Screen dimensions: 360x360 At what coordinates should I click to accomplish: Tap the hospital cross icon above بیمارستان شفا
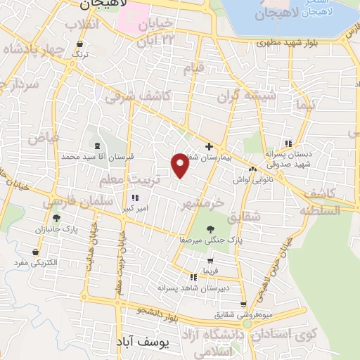[208, 146]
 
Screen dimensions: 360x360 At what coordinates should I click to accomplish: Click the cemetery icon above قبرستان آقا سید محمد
[96, 146]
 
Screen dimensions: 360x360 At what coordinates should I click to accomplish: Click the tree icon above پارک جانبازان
[55, 219]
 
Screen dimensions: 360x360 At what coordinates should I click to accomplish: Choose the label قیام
[193, 68]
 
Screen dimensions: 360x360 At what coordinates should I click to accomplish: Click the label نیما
[306, 107]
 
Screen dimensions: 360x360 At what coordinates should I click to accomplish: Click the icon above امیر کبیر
[135, 198]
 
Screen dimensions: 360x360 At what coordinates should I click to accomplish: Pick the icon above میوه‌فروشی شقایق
[243, 304]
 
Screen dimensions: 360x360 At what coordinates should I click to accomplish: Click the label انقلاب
[82, 25]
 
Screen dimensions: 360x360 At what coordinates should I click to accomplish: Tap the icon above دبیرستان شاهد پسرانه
[193, 278]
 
